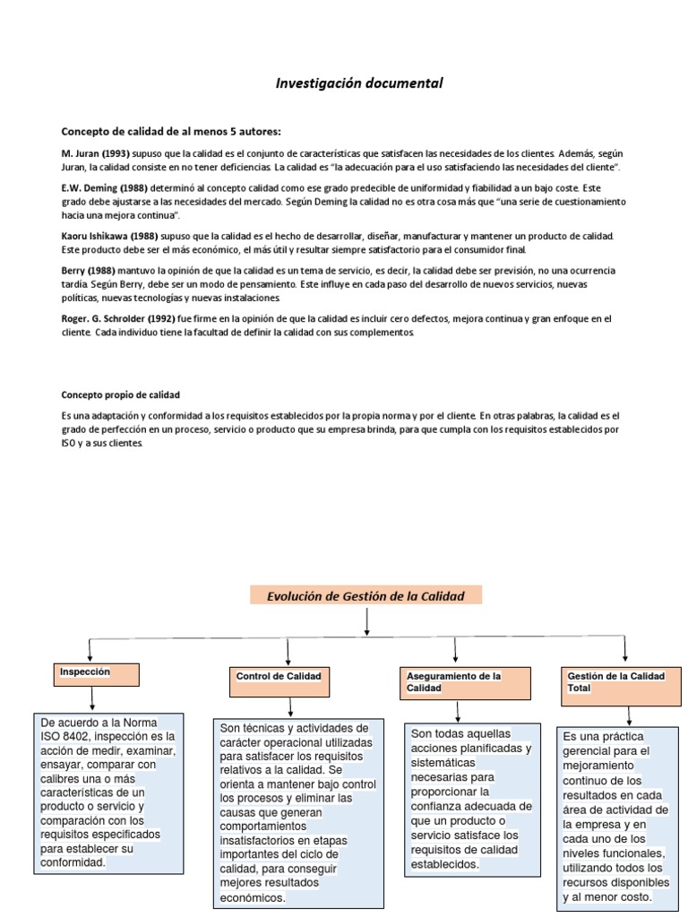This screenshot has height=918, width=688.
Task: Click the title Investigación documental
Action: pos(358,83)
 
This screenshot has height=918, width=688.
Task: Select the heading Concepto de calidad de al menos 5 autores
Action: pos(171,131)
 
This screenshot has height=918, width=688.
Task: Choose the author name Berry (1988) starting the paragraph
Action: pos(90,270)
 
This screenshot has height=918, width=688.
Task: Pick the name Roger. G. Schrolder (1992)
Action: pos(117,318)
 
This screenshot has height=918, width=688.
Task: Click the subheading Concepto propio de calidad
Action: pos(120,394)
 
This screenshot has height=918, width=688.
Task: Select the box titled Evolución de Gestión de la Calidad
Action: pos(365,595)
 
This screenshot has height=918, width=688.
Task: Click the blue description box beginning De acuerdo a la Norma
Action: pos(108,792)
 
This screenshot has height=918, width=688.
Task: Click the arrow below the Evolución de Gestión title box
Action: pos(367,621)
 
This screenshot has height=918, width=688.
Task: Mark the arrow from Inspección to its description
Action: pos(93,699)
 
